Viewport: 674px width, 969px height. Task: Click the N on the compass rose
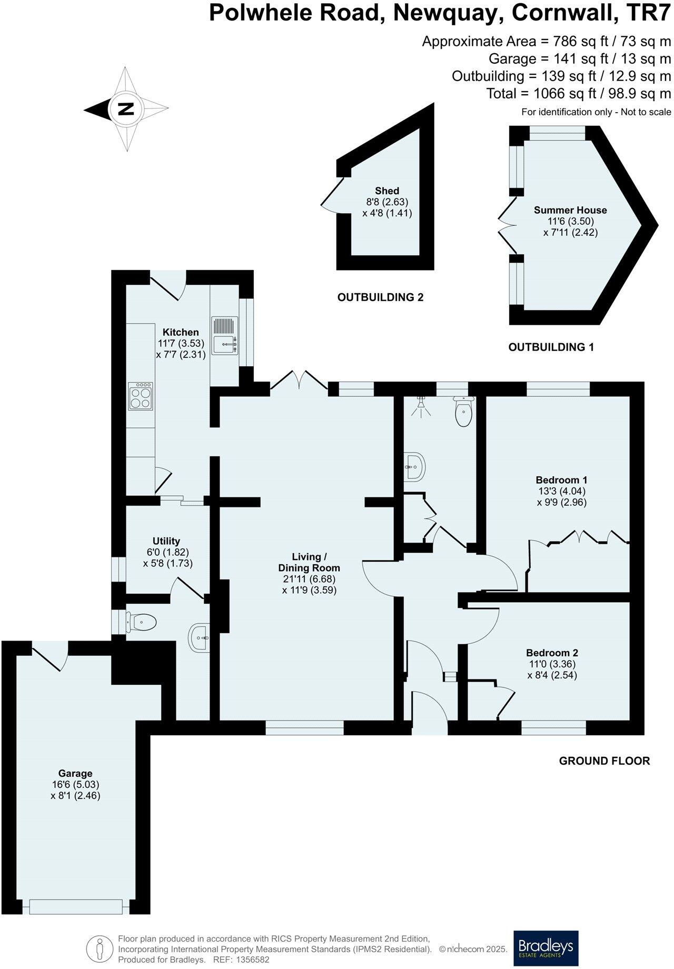pos(125,109)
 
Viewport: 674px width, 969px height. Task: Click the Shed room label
pos(387,191)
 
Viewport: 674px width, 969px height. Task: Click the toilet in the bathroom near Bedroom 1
pos(463,412)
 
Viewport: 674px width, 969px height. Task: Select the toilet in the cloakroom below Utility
pos(141,623)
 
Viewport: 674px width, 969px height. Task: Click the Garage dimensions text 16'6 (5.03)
pos(75,785)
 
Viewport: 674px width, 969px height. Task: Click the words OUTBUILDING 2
pos(380,297)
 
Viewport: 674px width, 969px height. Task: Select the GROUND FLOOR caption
pos(604,761)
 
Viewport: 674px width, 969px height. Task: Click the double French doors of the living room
pos(300,381)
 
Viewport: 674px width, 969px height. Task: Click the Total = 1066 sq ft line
pos(579,94)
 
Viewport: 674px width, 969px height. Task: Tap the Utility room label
pos(166,541)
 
